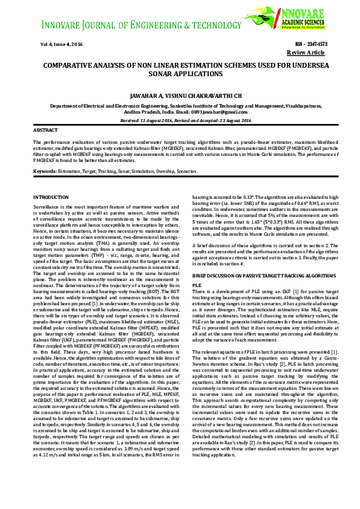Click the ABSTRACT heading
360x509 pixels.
click(45, 131)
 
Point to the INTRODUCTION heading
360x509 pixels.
click(51, 198)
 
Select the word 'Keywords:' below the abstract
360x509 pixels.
click(46, 172)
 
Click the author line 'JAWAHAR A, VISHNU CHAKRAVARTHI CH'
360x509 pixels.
click(180, 96)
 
